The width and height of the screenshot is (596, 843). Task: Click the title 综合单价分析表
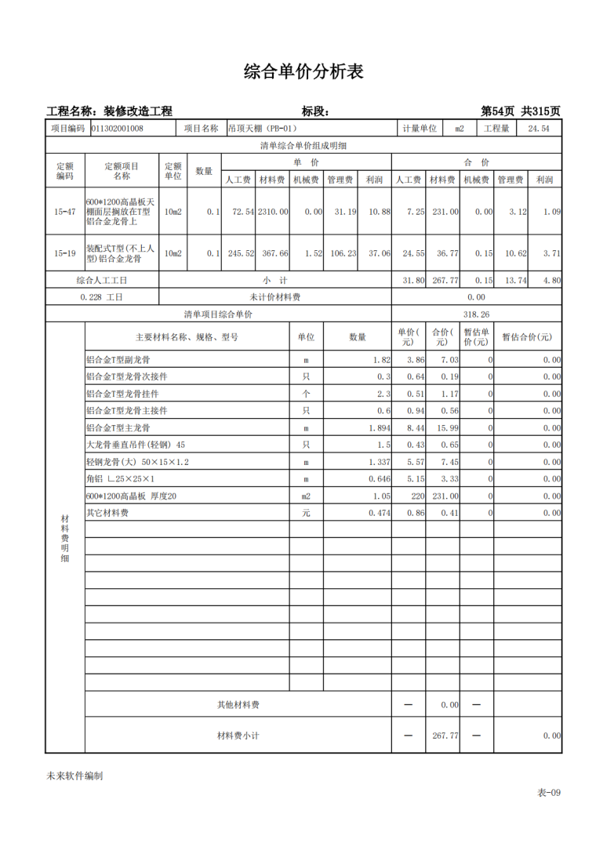[303, 72]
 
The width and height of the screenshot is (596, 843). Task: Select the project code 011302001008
[118, 129]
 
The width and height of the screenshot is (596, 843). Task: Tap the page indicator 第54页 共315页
[520, 111]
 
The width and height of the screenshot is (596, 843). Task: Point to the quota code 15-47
[65, 213]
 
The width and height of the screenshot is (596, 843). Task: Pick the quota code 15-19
[65, 253]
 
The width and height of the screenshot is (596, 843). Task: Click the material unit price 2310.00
[274, 213]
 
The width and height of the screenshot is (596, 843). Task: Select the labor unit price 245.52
[238, 253]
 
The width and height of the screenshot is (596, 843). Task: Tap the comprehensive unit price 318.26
[476, 314]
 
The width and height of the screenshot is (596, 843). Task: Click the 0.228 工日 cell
[102, 297]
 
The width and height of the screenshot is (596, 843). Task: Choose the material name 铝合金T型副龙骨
[118, 360]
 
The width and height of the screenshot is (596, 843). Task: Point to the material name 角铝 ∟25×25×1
[121, 479]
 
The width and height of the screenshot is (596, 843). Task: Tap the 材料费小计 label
[238, 736]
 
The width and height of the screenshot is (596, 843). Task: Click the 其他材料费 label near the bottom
[238, 705]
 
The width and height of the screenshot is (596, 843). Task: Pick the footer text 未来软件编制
[74, 776]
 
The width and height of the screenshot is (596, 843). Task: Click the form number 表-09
[548, 793]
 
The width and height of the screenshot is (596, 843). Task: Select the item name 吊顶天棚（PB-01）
[263, 129]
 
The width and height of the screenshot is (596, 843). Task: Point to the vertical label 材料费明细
[64, 539]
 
